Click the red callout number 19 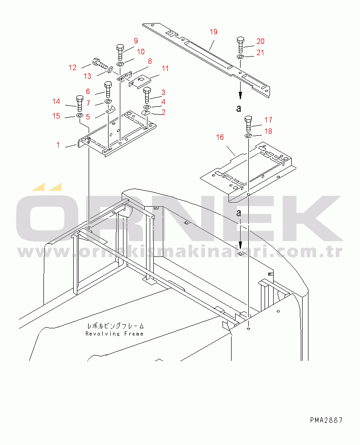point(213,32)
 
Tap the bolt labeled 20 point(241,45)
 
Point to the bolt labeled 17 point(248,124)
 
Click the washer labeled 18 point(248,136)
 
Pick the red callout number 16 point(220,137)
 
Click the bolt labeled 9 point(120,52)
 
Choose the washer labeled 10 point(120,64)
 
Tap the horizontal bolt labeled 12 point(99,64)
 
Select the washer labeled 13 point(110,70)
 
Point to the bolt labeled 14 point(80,104)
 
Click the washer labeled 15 point(79,115)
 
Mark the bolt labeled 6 point(108,90)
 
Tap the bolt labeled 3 point(147,95)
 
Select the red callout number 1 point(58,145)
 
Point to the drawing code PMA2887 point(327,420)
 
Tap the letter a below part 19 point(239,108)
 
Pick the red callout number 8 point(150,62)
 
